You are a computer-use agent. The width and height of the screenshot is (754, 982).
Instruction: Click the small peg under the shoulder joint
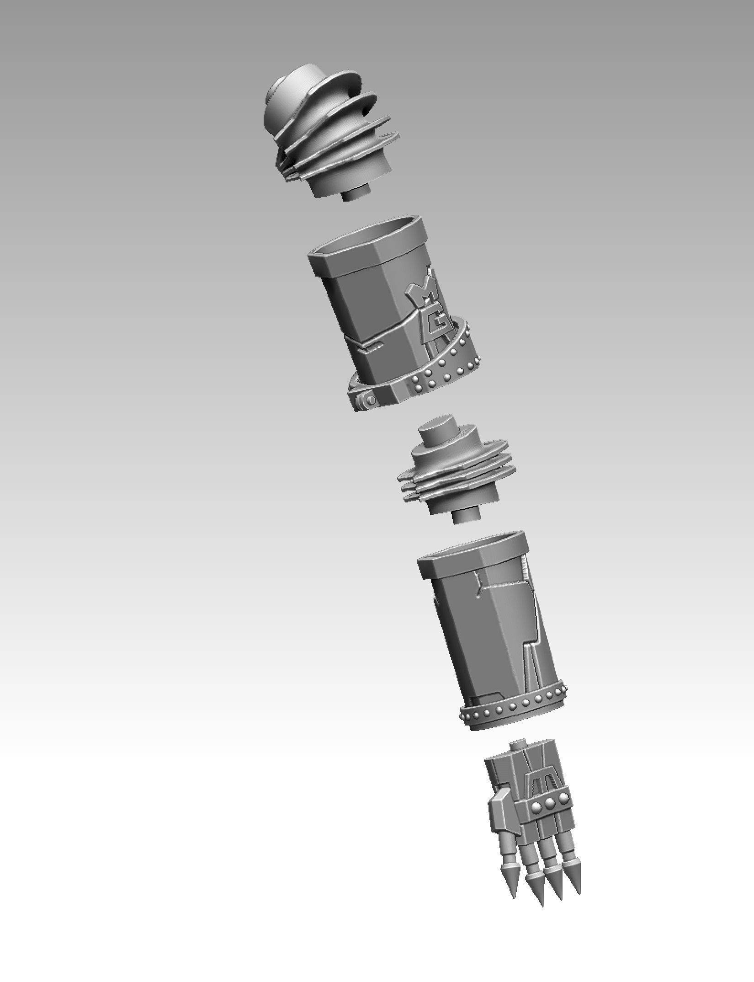pyautogui.click(x=356, y=194)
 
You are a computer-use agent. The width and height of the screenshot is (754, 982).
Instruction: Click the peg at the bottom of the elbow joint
pyautogui.click(x=466, y=517)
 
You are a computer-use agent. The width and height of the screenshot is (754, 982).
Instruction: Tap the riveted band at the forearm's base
pyautogui.click(x=514, y=711)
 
